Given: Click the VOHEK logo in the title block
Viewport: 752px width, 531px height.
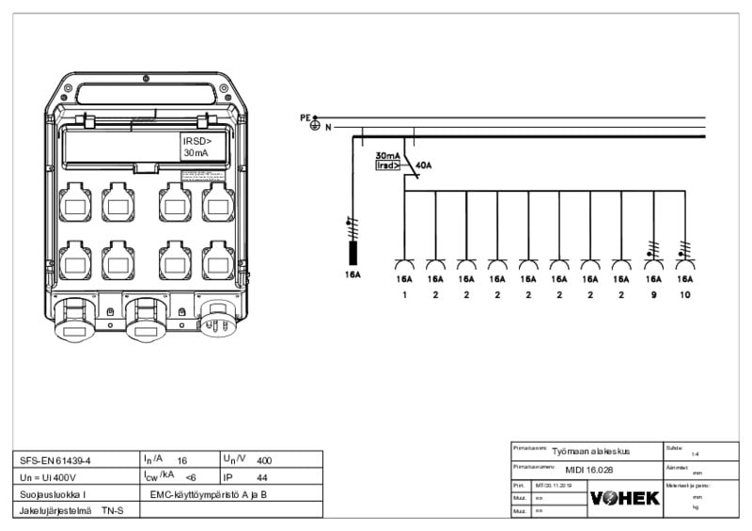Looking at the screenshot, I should (x=625, y=498).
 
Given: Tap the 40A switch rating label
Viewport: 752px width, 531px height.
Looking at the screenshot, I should (x=423, y=165).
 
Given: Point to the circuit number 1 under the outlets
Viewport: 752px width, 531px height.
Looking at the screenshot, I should (x=404, y=295).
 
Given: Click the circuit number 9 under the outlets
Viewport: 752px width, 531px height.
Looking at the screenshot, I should (x=652, y=295).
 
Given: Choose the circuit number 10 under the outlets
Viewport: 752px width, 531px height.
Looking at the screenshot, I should (x=684, y=295).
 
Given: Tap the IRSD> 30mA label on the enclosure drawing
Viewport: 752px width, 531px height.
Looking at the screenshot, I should (x=200, y=146).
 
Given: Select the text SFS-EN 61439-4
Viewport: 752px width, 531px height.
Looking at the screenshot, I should (x=55, y=461).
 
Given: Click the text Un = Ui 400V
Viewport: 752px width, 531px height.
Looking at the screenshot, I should (x=54, y=477).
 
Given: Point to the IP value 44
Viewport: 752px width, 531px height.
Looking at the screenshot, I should (x=262, y=477).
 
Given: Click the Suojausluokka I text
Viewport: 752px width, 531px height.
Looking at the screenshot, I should (x=53, y=493).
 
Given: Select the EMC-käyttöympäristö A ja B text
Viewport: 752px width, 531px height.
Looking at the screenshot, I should (x=209, y=493).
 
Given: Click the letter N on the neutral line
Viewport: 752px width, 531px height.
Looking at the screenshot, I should (x=328, y=127).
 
